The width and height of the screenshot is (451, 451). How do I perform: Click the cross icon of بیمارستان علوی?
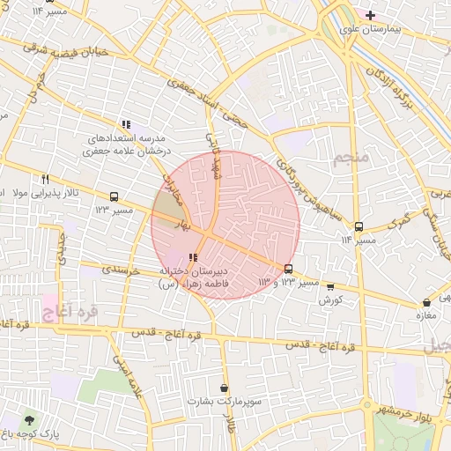[x=371, y=15]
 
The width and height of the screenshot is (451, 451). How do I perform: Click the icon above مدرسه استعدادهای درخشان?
[x=127, y=125]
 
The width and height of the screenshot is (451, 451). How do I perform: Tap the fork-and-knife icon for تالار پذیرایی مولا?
[x=45, y=179]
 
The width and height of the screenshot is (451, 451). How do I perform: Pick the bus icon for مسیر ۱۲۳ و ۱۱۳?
[x=288, y=269]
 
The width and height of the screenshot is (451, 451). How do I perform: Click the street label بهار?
[x=182, y=226]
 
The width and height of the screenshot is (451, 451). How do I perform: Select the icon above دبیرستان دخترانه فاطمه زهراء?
[x=193, y=257]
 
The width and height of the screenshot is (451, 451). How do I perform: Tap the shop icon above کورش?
[x=330, y=286]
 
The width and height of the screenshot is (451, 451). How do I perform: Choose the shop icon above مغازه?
[x=427, y=302]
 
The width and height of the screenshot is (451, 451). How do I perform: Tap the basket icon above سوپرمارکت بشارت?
[x=225, y=388]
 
